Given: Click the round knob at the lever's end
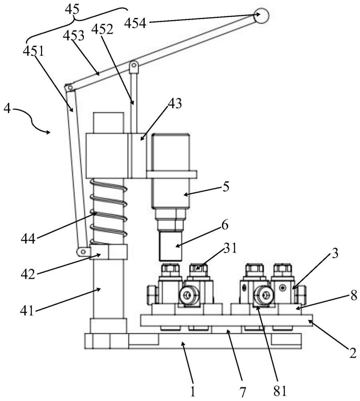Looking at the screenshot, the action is [261, 16].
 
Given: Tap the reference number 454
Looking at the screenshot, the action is [136, 24].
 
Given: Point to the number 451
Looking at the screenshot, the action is [33, 51].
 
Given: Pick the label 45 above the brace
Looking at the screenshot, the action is [72, 9].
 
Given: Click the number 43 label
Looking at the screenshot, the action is [175, 104].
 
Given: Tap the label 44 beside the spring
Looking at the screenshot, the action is [28, 240].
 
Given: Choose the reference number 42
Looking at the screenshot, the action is [28, 274].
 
